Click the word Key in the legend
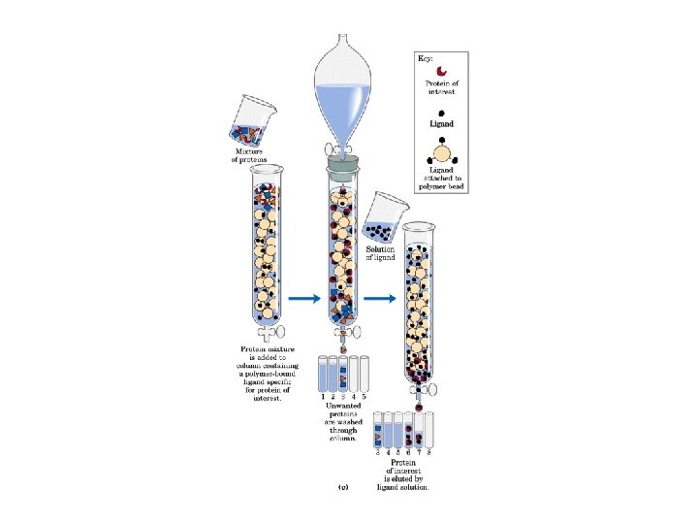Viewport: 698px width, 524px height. pos(425,59)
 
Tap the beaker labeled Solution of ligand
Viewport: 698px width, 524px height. pos(385,219)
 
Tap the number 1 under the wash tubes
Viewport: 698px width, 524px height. pos(323,396)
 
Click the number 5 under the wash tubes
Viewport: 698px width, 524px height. pos(365,396)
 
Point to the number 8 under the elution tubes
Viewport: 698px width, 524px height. pos(430,451)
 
